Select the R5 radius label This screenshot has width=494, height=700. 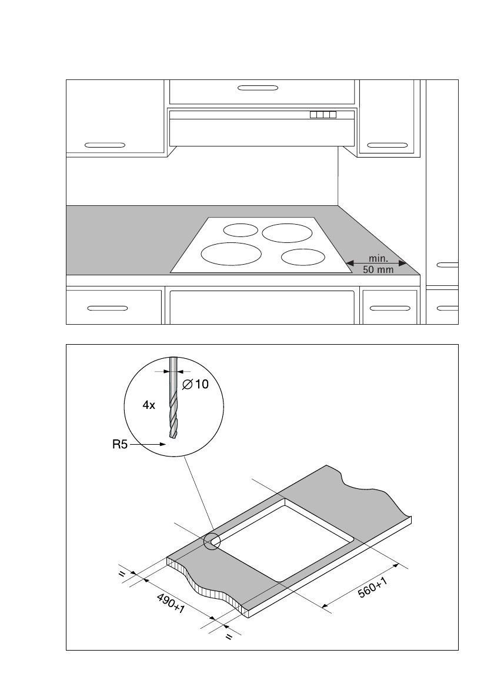[x=120, y=445]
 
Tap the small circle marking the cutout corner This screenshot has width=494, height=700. [x=212, y=541]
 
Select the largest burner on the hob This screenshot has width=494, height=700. [x=231, y=254]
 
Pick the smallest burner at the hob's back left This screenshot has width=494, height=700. [x=241, y=230]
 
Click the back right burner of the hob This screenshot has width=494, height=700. [x=287, y=233]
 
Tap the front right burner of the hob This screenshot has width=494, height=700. [x=303, y=257]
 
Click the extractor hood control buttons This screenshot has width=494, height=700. [x=323, y=114]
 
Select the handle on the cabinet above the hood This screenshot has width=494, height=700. [x=262, y=88]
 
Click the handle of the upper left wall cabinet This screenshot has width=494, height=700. [x=105, y=144]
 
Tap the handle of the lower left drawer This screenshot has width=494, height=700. [x=106, y=307]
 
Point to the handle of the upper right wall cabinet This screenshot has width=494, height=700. [x=387, y=144]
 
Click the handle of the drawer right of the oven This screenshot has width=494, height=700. [x=389, y=307]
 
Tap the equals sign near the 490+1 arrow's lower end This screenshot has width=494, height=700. [x=229, y=636]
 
